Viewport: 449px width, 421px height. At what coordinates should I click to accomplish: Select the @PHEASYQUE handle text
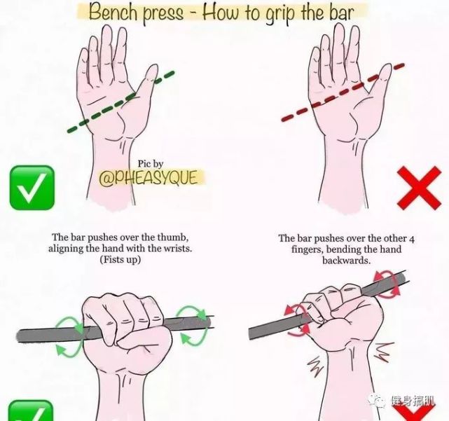pyautogui.click(x=148, y=177)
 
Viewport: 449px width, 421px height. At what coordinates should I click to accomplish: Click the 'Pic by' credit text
pyautogui.click(x=151, y=164)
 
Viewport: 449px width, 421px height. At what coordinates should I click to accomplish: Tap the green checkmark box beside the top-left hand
pyautogui.click(x=32, y=188)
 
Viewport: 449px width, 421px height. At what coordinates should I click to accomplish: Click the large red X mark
pyautogui.click(x=420, y=188)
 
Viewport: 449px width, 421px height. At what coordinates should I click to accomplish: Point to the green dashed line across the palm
pyautogui.click(x=121, y=102)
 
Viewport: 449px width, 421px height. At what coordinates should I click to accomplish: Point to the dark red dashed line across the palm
pyautogui.click(x=343, y=92)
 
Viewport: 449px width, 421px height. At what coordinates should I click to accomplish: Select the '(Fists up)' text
pyautogui.click(x=120, y=259)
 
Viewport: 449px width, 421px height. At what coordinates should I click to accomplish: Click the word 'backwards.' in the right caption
pyautogui.click(x=347, y=261)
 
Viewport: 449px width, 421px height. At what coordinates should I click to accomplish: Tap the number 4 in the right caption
pyautogui.click(x=411, y=239)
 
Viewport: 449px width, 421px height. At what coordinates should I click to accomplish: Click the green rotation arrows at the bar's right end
pyautogui.click(x=193, y=326)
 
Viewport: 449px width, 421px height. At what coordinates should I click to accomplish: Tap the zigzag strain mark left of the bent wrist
pyautogui.click(x=315, y=366)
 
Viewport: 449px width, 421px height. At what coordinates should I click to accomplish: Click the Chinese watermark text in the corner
pyautogui.click(x=413, y=401)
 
